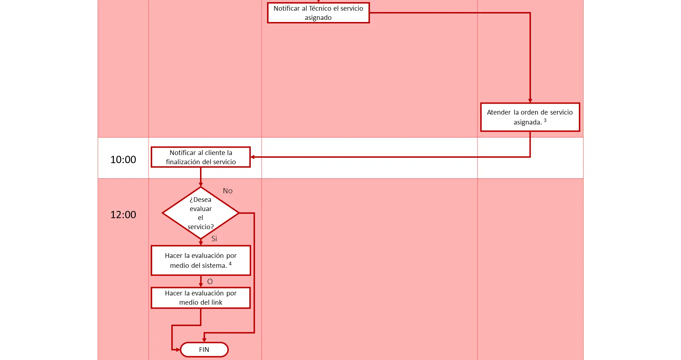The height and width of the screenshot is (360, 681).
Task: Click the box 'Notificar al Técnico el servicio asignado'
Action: coord(318,13)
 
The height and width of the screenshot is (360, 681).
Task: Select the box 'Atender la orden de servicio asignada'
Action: coord(530,117)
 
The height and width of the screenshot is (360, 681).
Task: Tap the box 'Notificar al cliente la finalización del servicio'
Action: coord(201,157)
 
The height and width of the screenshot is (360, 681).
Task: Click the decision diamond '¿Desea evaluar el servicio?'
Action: coord(201,213)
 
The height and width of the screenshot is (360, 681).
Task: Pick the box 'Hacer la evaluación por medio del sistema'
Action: coord(201,260)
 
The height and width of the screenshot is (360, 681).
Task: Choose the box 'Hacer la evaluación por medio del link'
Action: coord(201,298)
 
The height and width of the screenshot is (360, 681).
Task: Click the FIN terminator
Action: coord(204,350)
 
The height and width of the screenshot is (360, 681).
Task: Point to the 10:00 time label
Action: coord(123,160)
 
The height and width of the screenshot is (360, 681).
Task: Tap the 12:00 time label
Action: coord(123,215)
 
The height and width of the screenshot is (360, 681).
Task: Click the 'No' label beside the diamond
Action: coord(228,191)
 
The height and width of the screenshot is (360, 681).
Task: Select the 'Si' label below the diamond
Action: coord(214,239)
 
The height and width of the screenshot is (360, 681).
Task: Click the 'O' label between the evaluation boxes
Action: coord(210,282)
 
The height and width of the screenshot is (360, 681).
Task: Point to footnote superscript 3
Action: coord(545,120)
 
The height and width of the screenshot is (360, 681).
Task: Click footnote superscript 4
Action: coord(230,264)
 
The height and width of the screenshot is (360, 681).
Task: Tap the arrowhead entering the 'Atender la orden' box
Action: coord(530,101)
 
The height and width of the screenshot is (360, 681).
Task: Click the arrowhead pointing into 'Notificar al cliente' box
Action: coord(253,157)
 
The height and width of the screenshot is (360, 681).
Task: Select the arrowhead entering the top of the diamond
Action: coord(201,185)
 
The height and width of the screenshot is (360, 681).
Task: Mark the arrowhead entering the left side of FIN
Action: coord(178,350)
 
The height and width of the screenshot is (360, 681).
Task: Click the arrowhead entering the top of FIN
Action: coord(204,340)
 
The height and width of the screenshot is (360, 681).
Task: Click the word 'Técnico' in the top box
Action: coord(320,8)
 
